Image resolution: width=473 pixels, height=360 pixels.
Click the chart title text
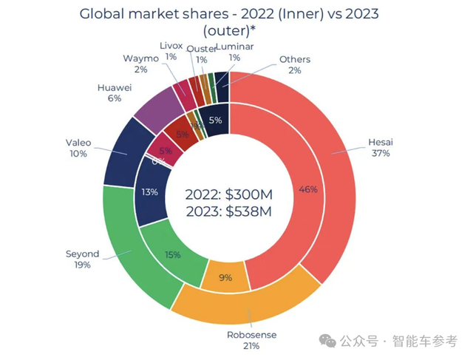(236, 22)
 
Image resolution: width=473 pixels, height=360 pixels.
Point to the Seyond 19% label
(81, 259)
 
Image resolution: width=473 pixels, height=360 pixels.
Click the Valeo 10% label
(78, 148)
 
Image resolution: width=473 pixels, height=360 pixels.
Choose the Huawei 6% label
(115, 92)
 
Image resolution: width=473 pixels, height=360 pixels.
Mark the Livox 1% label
(172, 50)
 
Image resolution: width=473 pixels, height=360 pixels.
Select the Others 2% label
(294, 64)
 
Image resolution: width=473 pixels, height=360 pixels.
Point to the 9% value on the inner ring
(226, 278)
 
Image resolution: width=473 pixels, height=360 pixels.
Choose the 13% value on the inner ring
(149, 192)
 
